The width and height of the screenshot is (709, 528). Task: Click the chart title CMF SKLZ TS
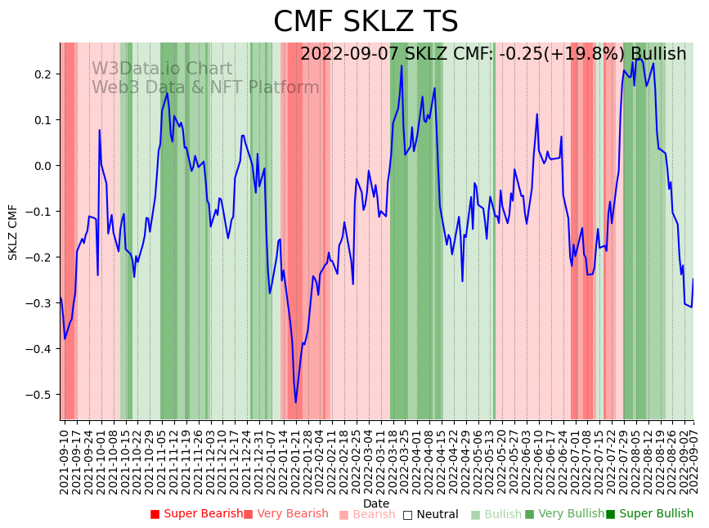click(x=366, y=22)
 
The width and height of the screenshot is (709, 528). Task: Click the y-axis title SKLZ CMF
click(x=13, y=232)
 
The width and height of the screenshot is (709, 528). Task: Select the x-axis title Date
click(x=376, y=503)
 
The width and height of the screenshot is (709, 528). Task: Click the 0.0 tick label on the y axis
click(x=42, y=166)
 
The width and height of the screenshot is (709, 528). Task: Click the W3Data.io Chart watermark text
click(x=162, y=69)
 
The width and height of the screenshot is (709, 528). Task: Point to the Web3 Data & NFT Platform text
click(x=205, y=87)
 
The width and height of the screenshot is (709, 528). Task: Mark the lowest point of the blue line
click(x=295, y=402)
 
